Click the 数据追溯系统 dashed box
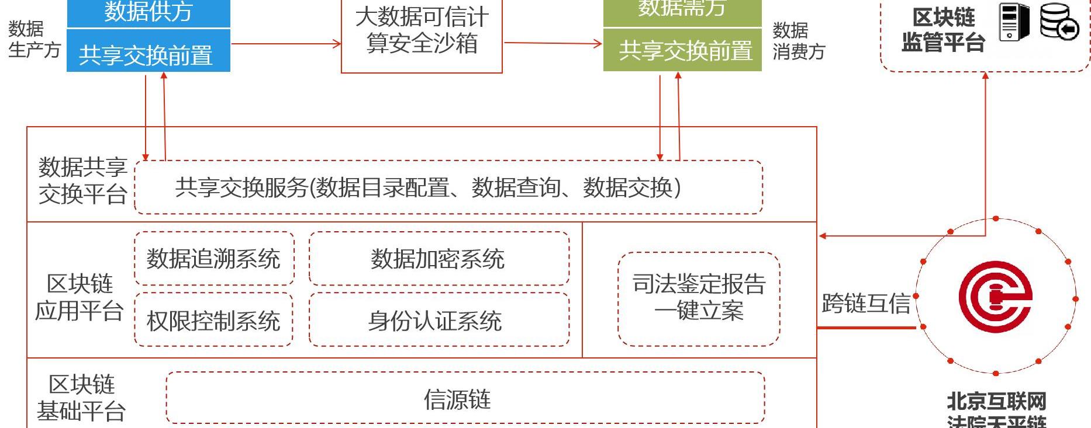coord(214,259)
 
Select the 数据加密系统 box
coord(439,259)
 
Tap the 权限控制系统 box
coord(213,321)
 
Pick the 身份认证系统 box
coord(439,321)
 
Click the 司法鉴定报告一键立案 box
coord(699,298)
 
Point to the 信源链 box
coord(465,399)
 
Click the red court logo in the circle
coord(995,297)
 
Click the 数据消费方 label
coord(798,41)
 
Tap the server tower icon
coord(1014,22)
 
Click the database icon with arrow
coord(1059,22)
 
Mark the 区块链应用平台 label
coord(80,297)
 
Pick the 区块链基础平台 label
coord(81,398)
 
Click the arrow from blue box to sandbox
coord(286,44)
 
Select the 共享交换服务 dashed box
coord(448,187)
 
